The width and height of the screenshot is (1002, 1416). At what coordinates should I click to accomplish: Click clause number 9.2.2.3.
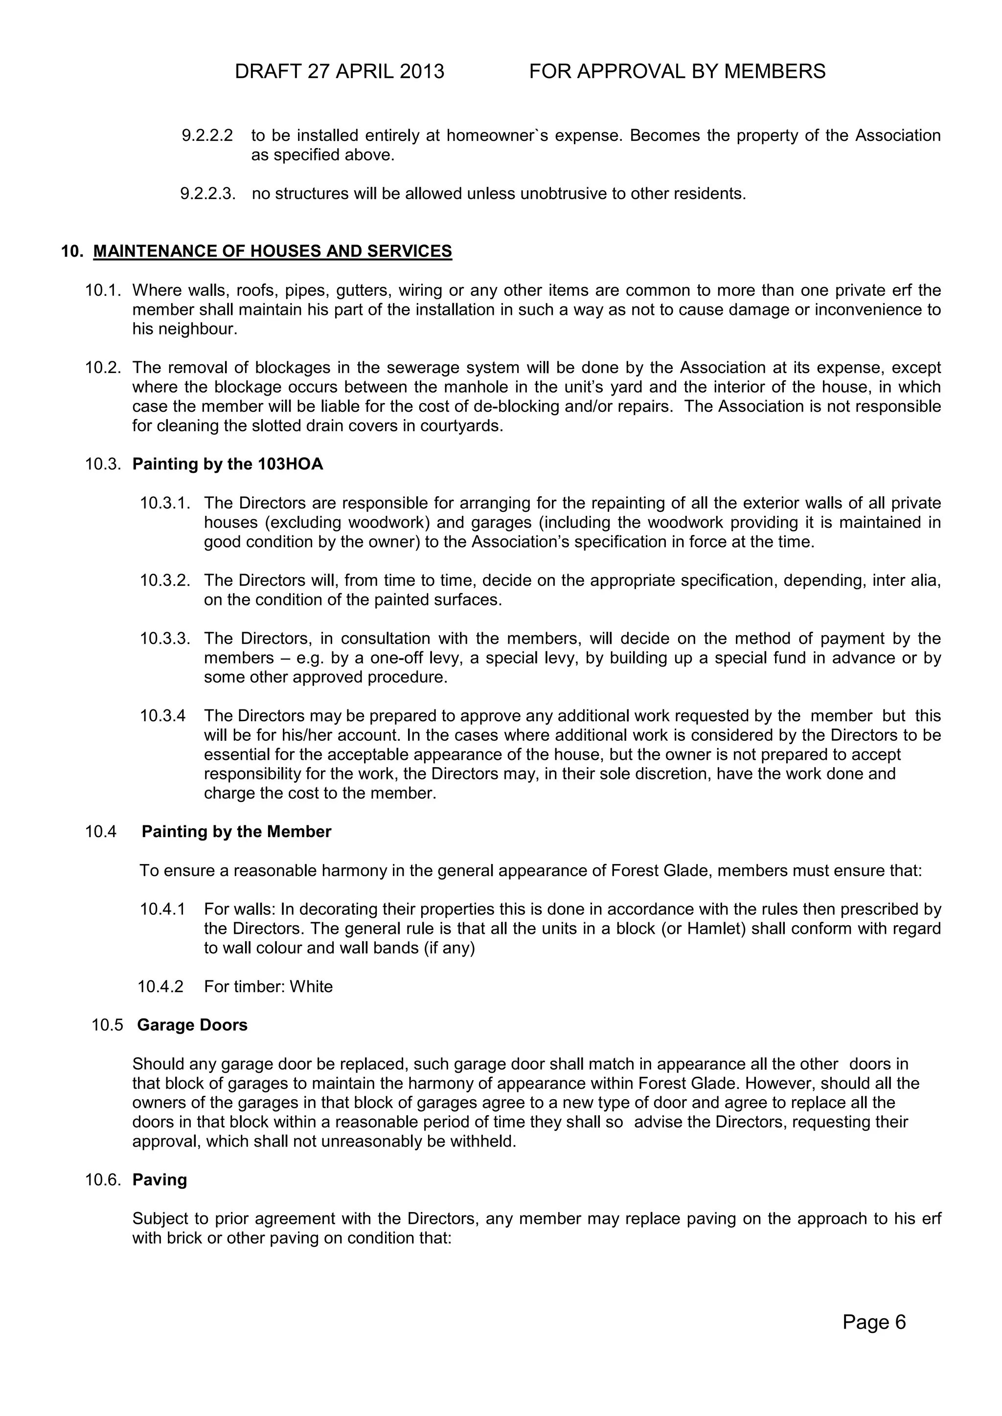pos(208,194)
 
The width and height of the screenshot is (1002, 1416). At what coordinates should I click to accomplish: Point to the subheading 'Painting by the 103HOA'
pos(228,464)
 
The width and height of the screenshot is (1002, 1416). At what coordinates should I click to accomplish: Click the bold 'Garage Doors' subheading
pos(192,1025)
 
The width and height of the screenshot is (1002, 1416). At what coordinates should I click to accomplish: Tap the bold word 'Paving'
pos(160,1180)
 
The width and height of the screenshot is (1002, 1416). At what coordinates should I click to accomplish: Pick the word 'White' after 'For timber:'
pos(311,986)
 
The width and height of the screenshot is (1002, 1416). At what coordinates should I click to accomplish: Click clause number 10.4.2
pos(160,986)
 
